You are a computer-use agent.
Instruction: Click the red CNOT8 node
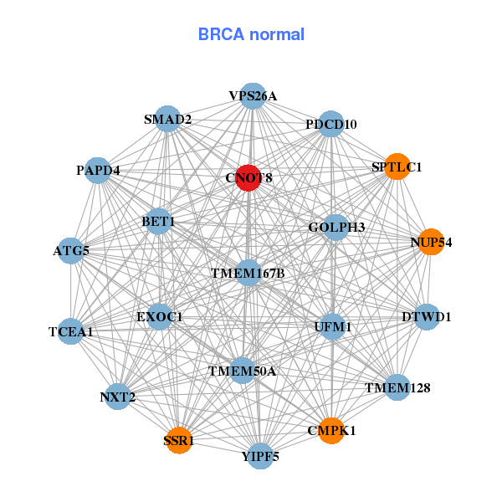(248, 178)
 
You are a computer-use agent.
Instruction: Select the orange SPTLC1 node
(397, 167)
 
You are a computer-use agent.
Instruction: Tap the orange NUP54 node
(431, 242)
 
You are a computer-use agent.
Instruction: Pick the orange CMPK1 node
(330, 431)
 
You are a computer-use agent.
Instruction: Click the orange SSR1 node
(179, 440)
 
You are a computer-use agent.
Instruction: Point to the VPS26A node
(253, 96)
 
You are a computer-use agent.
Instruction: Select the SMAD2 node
(168, 119)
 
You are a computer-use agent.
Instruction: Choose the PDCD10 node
(331, 124)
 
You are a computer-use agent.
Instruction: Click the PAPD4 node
(98, 171)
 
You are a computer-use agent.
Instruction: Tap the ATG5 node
(71, 250)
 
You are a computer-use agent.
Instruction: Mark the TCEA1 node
(71, 331)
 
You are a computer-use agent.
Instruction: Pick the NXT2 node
(118, 397)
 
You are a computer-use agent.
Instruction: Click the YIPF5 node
(260, 456)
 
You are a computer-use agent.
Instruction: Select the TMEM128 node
(397, 387)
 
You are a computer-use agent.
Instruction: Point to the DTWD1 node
(427, 317)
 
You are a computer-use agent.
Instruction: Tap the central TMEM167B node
(248, 273)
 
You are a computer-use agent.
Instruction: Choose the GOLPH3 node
(336, 227)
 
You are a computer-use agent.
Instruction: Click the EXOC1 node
(160, 317)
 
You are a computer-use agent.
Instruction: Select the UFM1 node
(333, 325)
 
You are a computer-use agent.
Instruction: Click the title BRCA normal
(251, 35)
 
